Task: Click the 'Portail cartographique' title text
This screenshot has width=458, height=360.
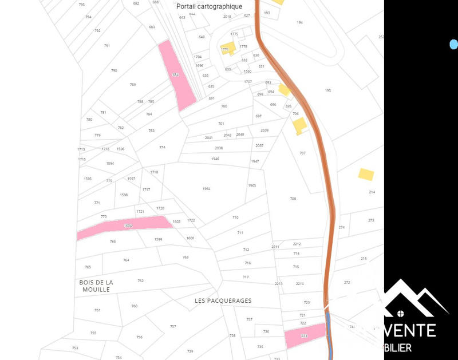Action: click(210, 6)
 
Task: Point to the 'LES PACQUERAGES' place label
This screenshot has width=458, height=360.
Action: click(223, 300)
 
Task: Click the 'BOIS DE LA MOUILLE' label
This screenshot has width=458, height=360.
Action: click(96, 286)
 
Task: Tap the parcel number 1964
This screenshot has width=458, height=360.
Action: click(206, 188)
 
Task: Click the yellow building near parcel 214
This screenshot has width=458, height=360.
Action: click(366, 174)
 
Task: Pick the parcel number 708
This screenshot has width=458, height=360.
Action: click(293, 199)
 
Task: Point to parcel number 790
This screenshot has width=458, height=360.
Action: click(114, 70)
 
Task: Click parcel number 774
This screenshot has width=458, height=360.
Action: click(162, 147)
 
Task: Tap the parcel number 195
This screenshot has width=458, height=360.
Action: click(328, 90)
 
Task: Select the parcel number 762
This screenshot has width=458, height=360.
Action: click(141, 280)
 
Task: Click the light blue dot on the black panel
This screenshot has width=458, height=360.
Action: click(453, 44)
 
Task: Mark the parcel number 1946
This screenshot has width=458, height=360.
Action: click(215, 159)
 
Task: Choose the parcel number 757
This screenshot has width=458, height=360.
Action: click(173, 326)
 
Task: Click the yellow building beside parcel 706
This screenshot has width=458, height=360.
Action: click(300, 126)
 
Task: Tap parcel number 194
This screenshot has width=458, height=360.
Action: click(299, 22)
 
